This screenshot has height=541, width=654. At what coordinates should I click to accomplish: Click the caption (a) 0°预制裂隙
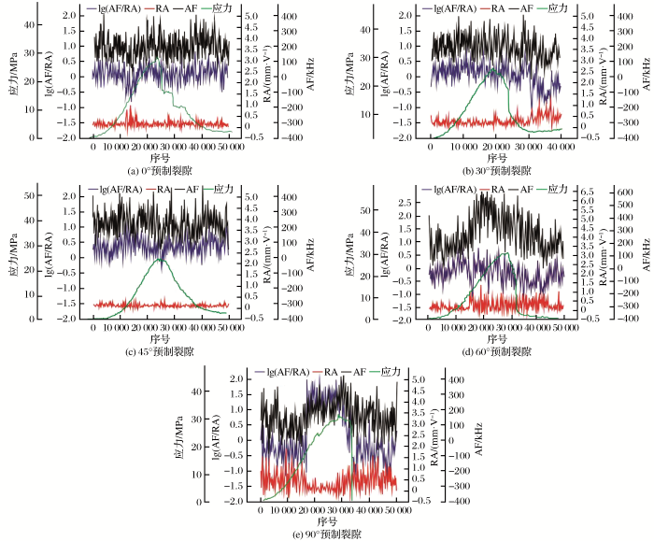[x=159, y=171]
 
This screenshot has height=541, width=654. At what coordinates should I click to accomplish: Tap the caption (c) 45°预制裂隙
[x=160, y=352]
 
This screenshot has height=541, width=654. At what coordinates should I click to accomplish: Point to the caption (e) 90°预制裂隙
[x=326, y=534]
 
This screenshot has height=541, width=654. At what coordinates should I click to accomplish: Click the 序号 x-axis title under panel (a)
[x=160, y=159]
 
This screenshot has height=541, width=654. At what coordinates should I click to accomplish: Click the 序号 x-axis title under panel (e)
[x=326, y=521]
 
